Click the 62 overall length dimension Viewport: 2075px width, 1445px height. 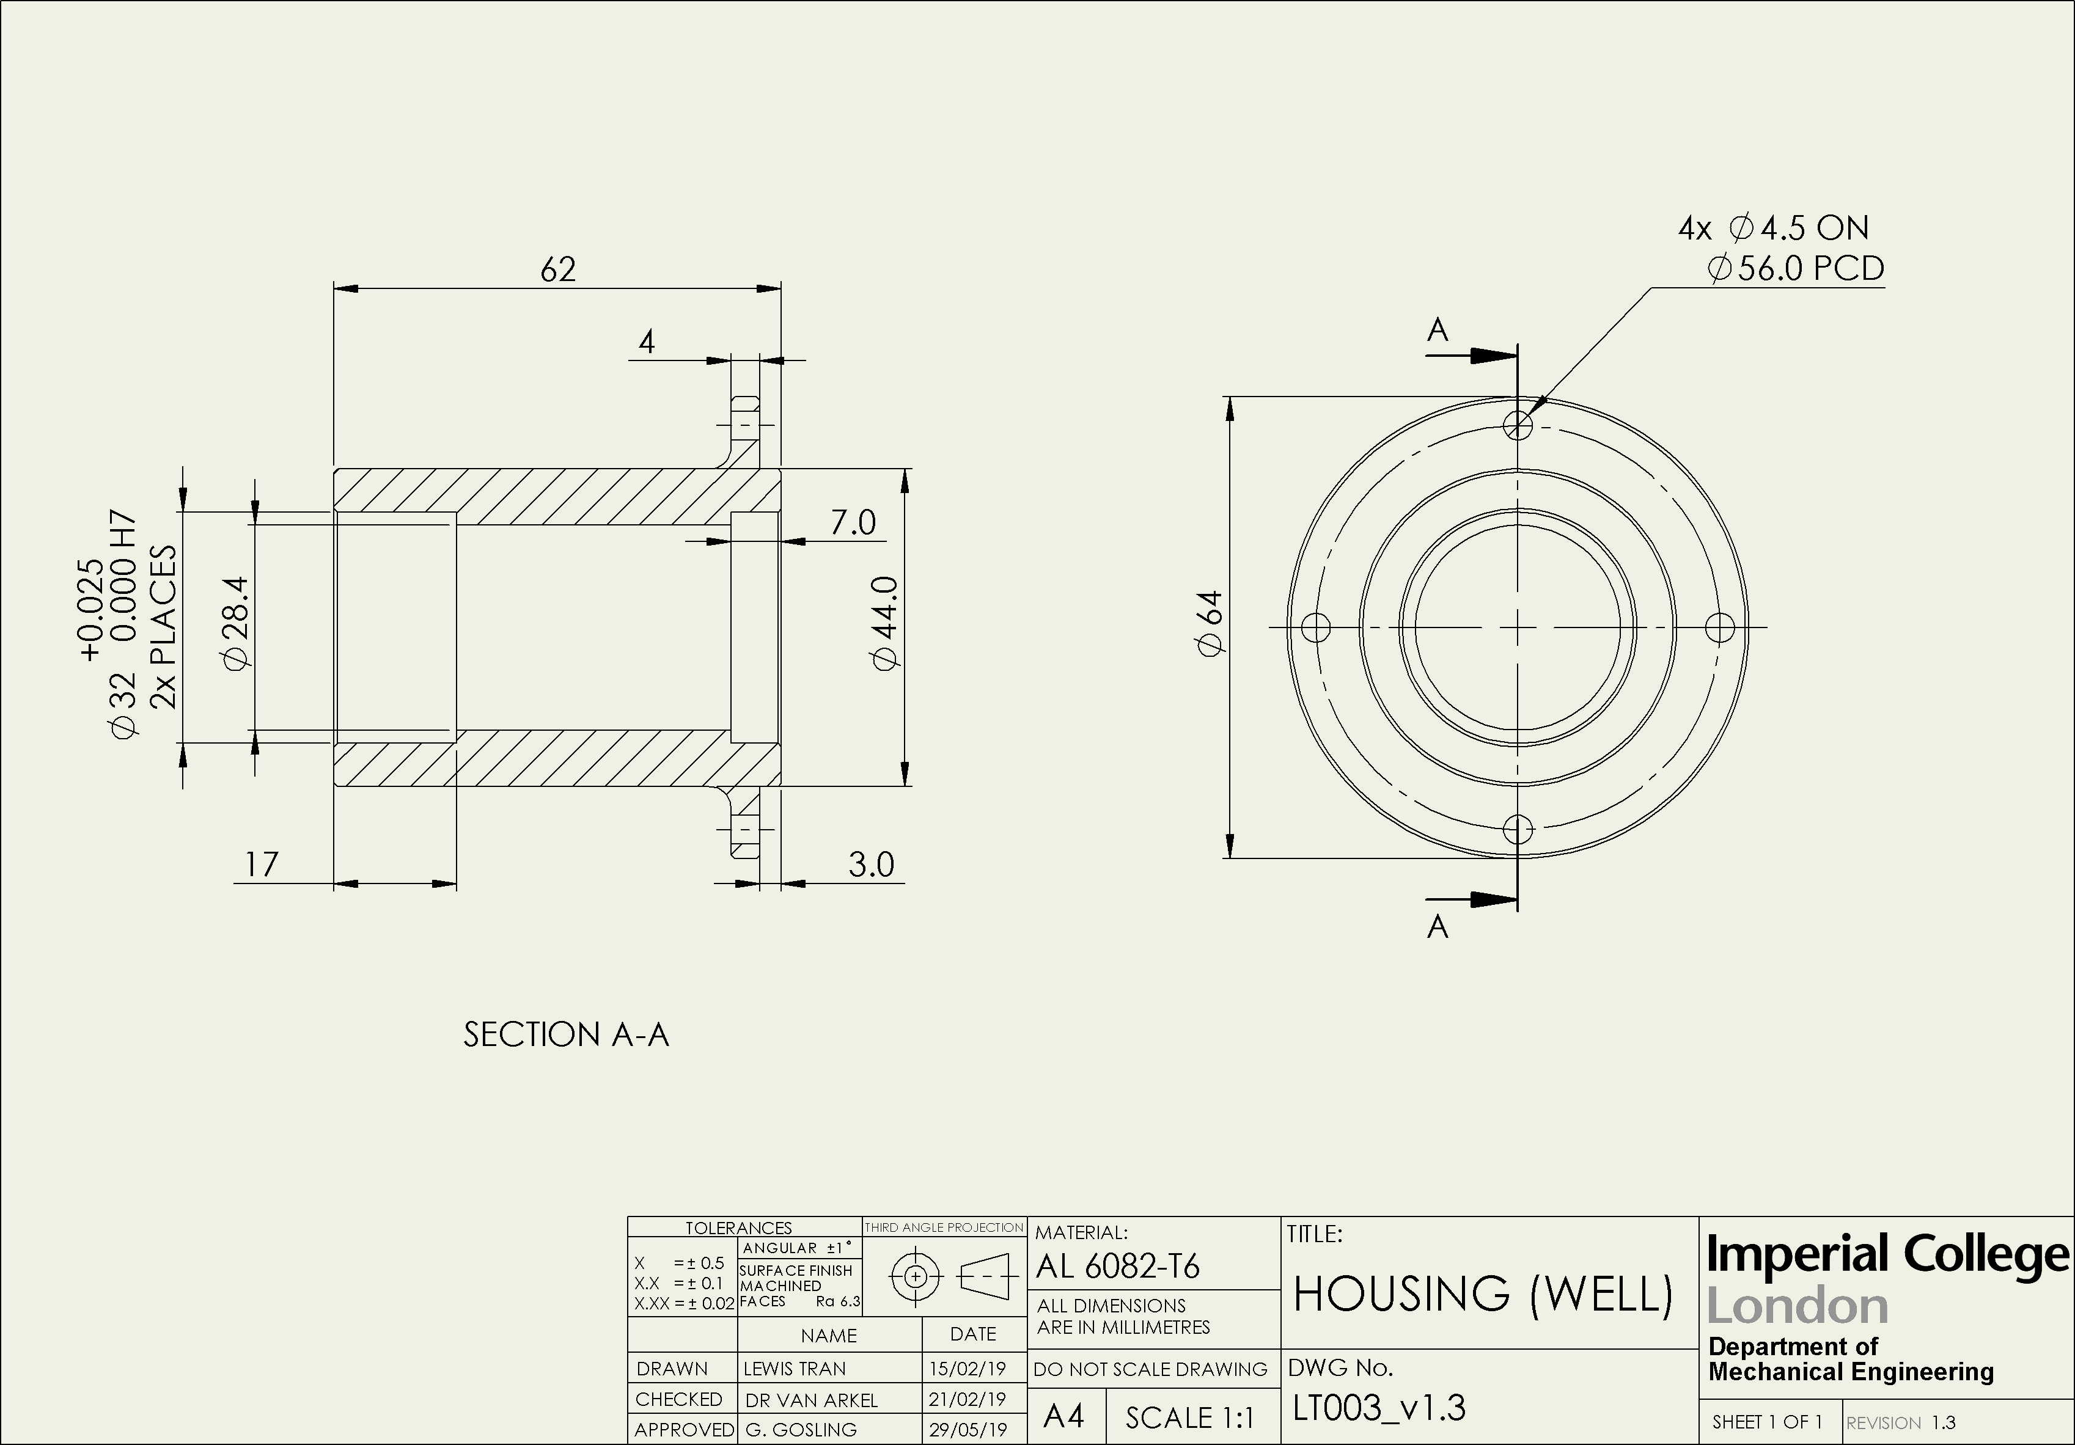point(557,269)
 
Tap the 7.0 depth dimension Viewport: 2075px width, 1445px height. point(853,522)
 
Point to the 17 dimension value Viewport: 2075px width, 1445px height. point(261,865)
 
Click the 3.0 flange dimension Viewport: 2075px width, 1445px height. point(870,865)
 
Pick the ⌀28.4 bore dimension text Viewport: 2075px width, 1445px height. point(237,624)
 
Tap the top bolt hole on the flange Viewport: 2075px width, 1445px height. point(1518,425)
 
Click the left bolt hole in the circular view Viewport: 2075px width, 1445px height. point(1316,626)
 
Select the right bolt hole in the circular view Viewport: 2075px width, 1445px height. point(1720,626)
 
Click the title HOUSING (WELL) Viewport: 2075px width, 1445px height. point(1482,1294)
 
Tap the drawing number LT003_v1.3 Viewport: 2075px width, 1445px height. point(1379,1408)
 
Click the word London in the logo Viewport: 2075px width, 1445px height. point(1797,1307)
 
